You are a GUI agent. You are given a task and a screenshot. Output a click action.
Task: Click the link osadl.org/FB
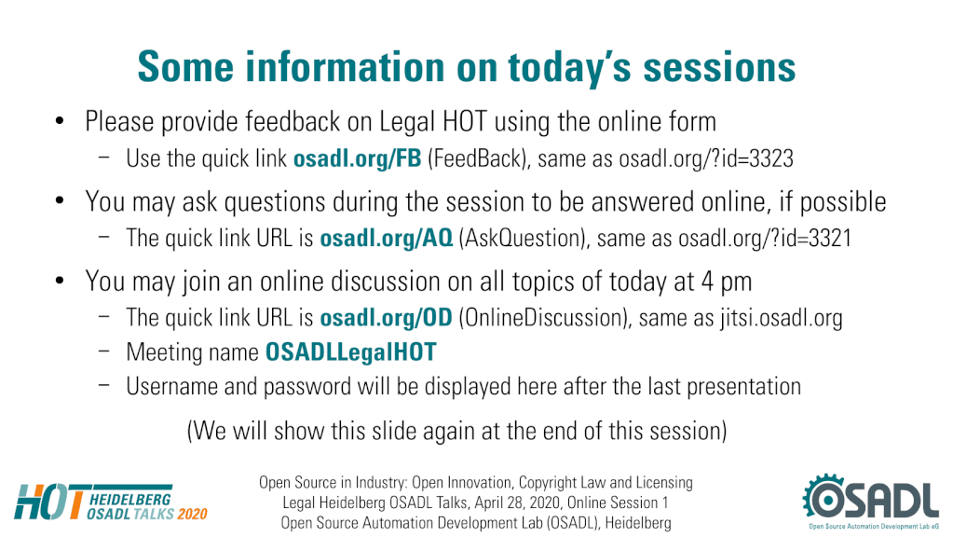[x=357, y=158]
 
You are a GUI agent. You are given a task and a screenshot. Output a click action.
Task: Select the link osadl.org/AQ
[x=387, y=238]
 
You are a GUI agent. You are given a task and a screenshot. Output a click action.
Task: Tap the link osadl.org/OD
[x=386, y=318]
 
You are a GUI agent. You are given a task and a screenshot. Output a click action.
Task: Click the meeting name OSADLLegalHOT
[x=350, y=352]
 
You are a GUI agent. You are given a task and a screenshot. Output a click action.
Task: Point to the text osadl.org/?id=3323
[x=705, y=158]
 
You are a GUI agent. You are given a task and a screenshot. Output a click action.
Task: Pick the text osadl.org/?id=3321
[x=765, y=238]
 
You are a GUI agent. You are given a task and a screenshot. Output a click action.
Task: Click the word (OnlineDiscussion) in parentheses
[x=545, y=318]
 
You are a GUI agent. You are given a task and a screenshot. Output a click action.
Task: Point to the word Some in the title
[x=186, y=66]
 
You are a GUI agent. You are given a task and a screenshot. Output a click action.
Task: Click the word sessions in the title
[x=719, y=67]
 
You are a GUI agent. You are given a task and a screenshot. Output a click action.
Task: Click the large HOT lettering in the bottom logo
[x=49, y=502]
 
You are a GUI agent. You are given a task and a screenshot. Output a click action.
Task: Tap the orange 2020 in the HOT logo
[x=193, y=514]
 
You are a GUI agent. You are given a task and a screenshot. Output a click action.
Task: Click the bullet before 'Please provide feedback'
[x=60, y=121]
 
